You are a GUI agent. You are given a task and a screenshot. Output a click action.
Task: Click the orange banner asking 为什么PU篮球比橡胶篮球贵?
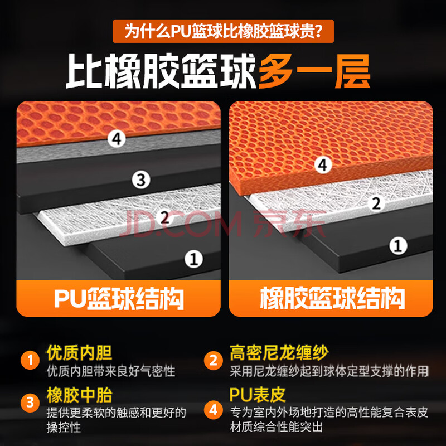click(223, 31)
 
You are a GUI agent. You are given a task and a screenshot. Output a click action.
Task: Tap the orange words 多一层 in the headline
click(314, 71)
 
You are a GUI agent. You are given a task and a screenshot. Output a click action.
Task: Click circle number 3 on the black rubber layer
click(141, 180)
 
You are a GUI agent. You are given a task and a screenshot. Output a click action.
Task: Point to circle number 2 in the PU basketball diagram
click(164, 217)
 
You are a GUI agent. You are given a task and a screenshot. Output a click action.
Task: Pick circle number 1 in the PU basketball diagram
click(193, 259)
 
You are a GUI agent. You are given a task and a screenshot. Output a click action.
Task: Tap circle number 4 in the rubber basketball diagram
click(323, 164)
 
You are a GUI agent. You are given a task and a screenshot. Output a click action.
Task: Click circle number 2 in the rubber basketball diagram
click(376, 203)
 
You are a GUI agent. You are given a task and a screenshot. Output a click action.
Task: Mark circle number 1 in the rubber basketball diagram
click(398, 245)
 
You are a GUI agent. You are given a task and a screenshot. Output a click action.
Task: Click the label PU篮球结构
click(119, 298)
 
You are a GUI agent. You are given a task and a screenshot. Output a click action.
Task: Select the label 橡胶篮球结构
click(332, 298)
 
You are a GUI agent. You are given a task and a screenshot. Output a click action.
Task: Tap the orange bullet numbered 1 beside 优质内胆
click(30, 360)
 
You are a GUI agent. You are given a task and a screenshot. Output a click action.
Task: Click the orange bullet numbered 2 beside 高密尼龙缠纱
click(213, 360)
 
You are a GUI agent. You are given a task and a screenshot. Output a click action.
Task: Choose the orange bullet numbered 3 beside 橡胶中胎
click(30, 403)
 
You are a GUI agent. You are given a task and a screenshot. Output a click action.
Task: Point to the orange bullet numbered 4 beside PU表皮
click(213, 410)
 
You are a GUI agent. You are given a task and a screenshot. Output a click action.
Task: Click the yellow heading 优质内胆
click(79, 353)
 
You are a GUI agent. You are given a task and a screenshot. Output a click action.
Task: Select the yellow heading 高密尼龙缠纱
click(279, 353)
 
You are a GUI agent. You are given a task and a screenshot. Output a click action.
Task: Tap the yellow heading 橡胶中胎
click(79, 395)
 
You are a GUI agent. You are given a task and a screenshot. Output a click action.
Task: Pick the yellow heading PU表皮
click(258, 395)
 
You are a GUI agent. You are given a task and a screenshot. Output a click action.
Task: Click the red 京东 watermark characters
click(289, 224)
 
